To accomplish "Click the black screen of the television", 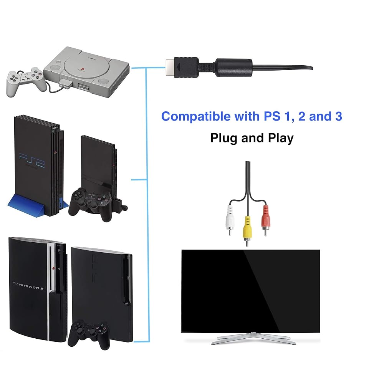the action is click(250, 290).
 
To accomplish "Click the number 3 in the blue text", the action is click(338, 116).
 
